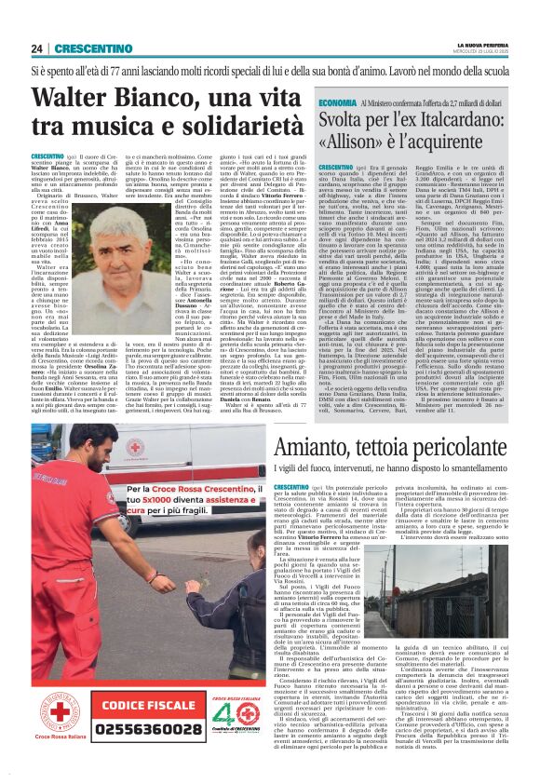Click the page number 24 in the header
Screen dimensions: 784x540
click(37, 48)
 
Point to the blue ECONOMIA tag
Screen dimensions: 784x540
click(335, 103)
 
